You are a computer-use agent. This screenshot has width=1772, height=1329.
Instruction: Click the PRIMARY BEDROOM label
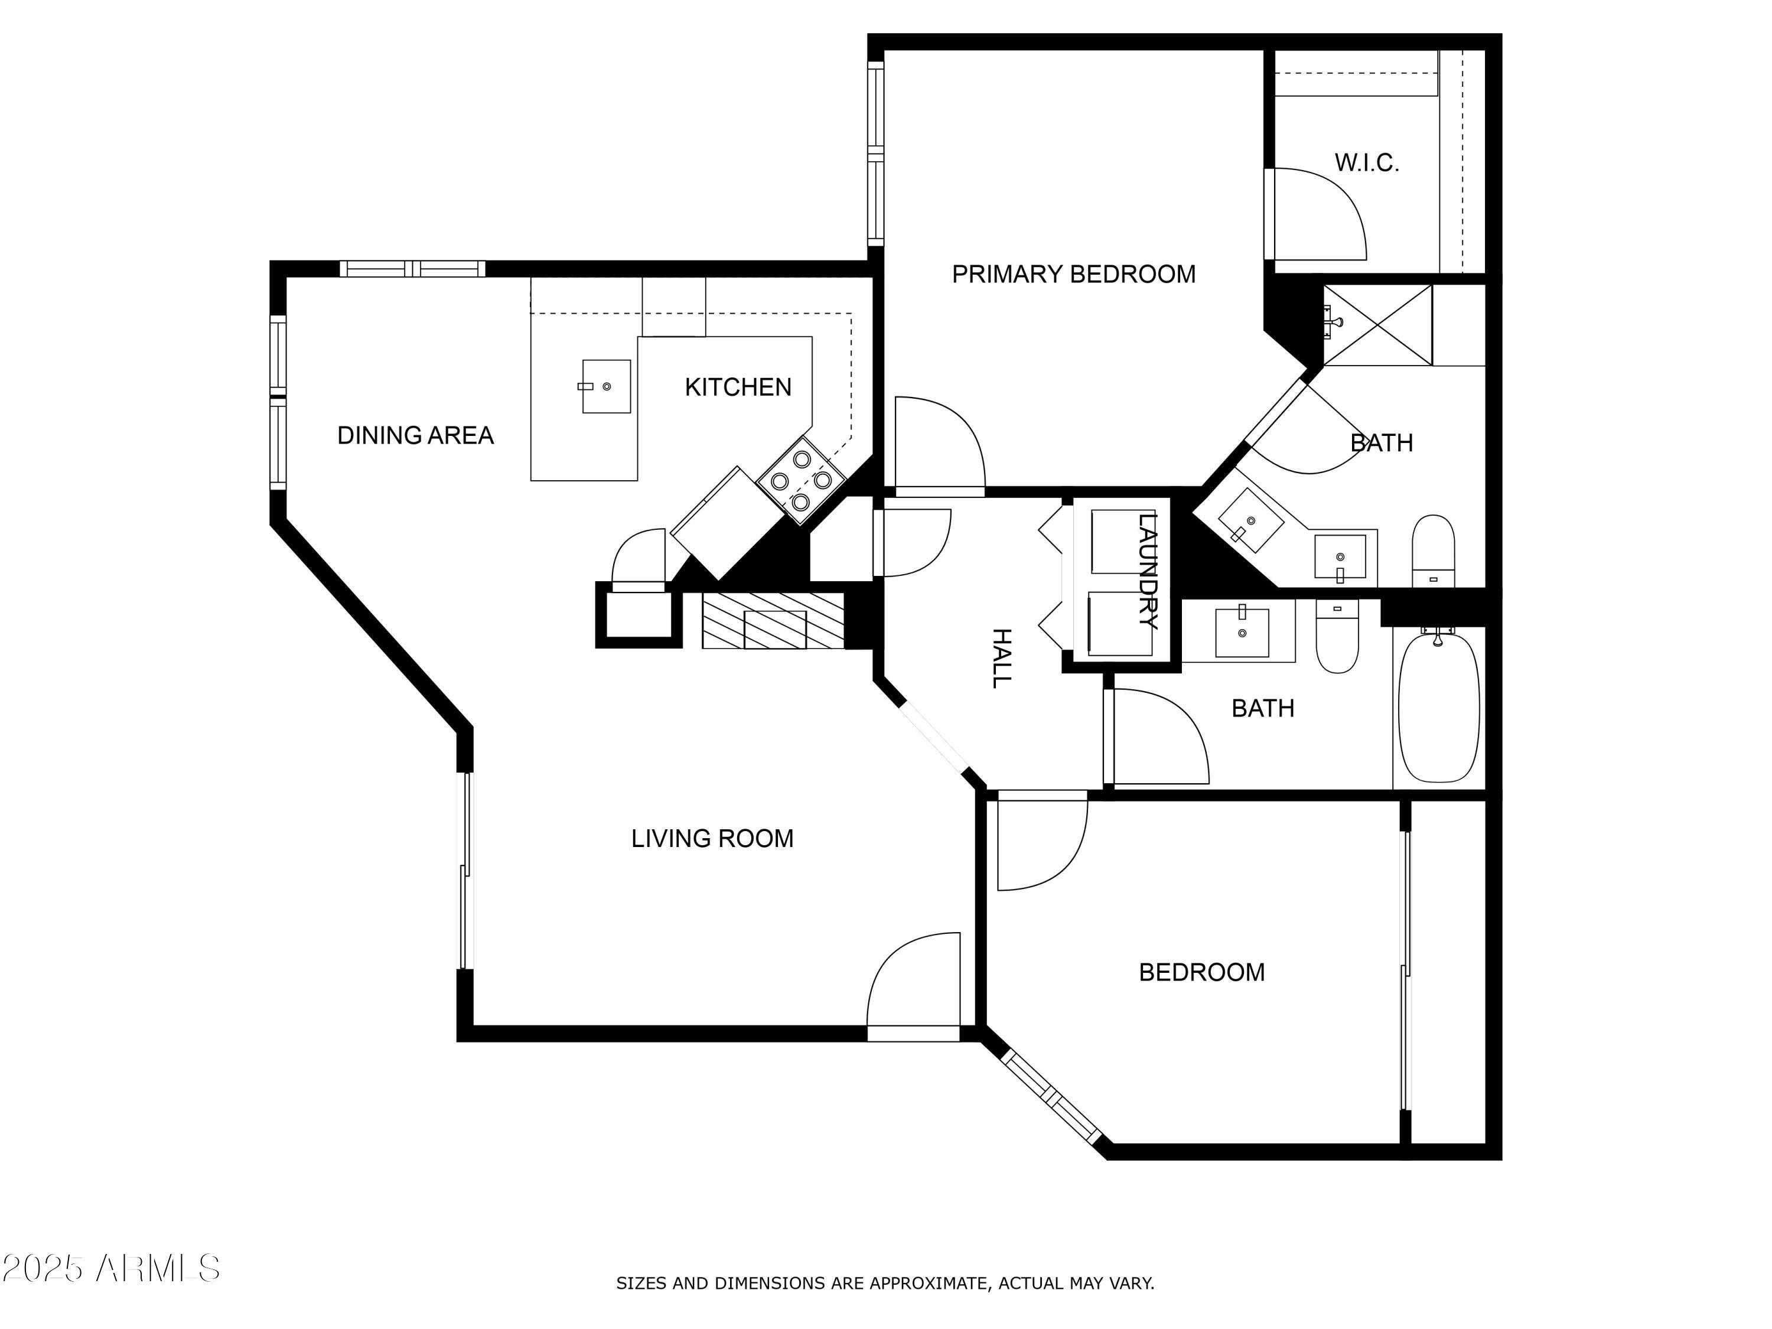point(1073,275)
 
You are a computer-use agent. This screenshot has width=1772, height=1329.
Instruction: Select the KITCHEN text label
point(737,387)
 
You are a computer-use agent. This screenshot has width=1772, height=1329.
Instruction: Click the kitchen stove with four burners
point(800,481)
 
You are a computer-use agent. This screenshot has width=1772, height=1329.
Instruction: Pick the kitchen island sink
point(605,386)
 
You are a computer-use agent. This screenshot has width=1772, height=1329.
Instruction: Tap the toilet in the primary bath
point(1432,551)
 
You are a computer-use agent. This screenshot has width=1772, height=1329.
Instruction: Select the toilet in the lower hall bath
point(1337,637)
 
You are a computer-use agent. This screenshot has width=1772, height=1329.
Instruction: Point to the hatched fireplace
point(773,621)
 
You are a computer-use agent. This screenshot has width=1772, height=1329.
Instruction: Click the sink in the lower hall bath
point(1242,632)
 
